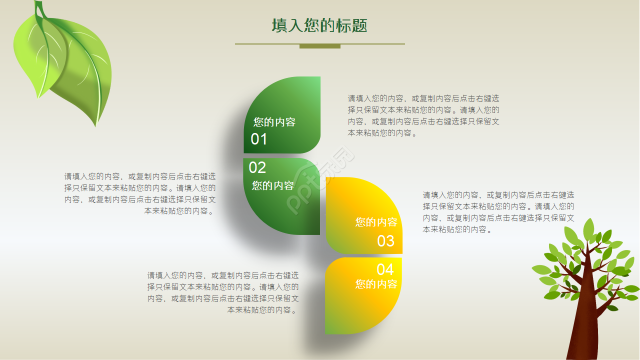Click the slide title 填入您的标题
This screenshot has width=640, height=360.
[319, 26]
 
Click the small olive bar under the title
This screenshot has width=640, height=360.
[320, 46]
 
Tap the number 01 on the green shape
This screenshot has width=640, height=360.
[259, 139]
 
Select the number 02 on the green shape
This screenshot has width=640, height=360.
[257, 167]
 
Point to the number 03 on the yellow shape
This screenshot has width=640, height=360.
[385, 241]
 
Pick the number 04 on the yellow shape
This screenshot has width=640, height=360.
[385, 269]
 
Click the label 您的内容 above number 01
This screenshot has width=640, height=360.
[274, 122]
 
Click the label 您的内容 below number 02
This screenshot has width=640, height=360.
[273, 185]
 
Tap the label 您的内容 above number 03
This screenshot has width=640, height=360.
[376, 222]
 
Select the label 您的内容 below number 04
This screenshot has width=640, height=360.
[376, 284]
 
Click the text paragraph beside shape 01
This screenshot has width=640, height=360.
[423, 116]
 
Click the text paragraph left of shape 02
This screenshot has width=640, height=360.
[140, 193]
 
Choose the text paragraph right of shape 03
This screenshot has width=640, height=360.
[498, 212]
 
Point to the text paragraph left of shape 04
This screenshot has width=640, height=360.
[223, 292]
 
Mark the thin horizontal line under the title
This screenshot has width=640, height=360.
[265, 44]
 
